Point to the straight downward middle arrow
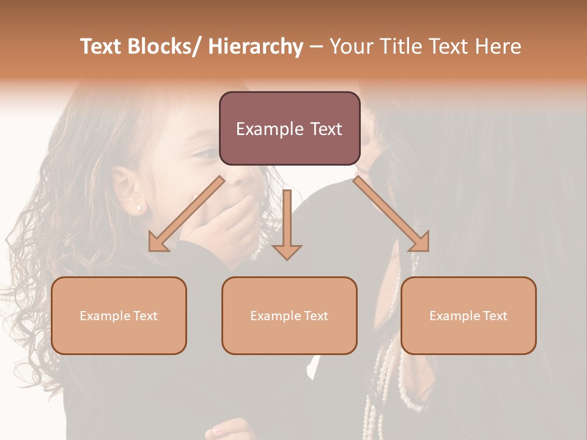[287, 224]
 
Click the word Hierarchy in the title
[256, 46]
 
